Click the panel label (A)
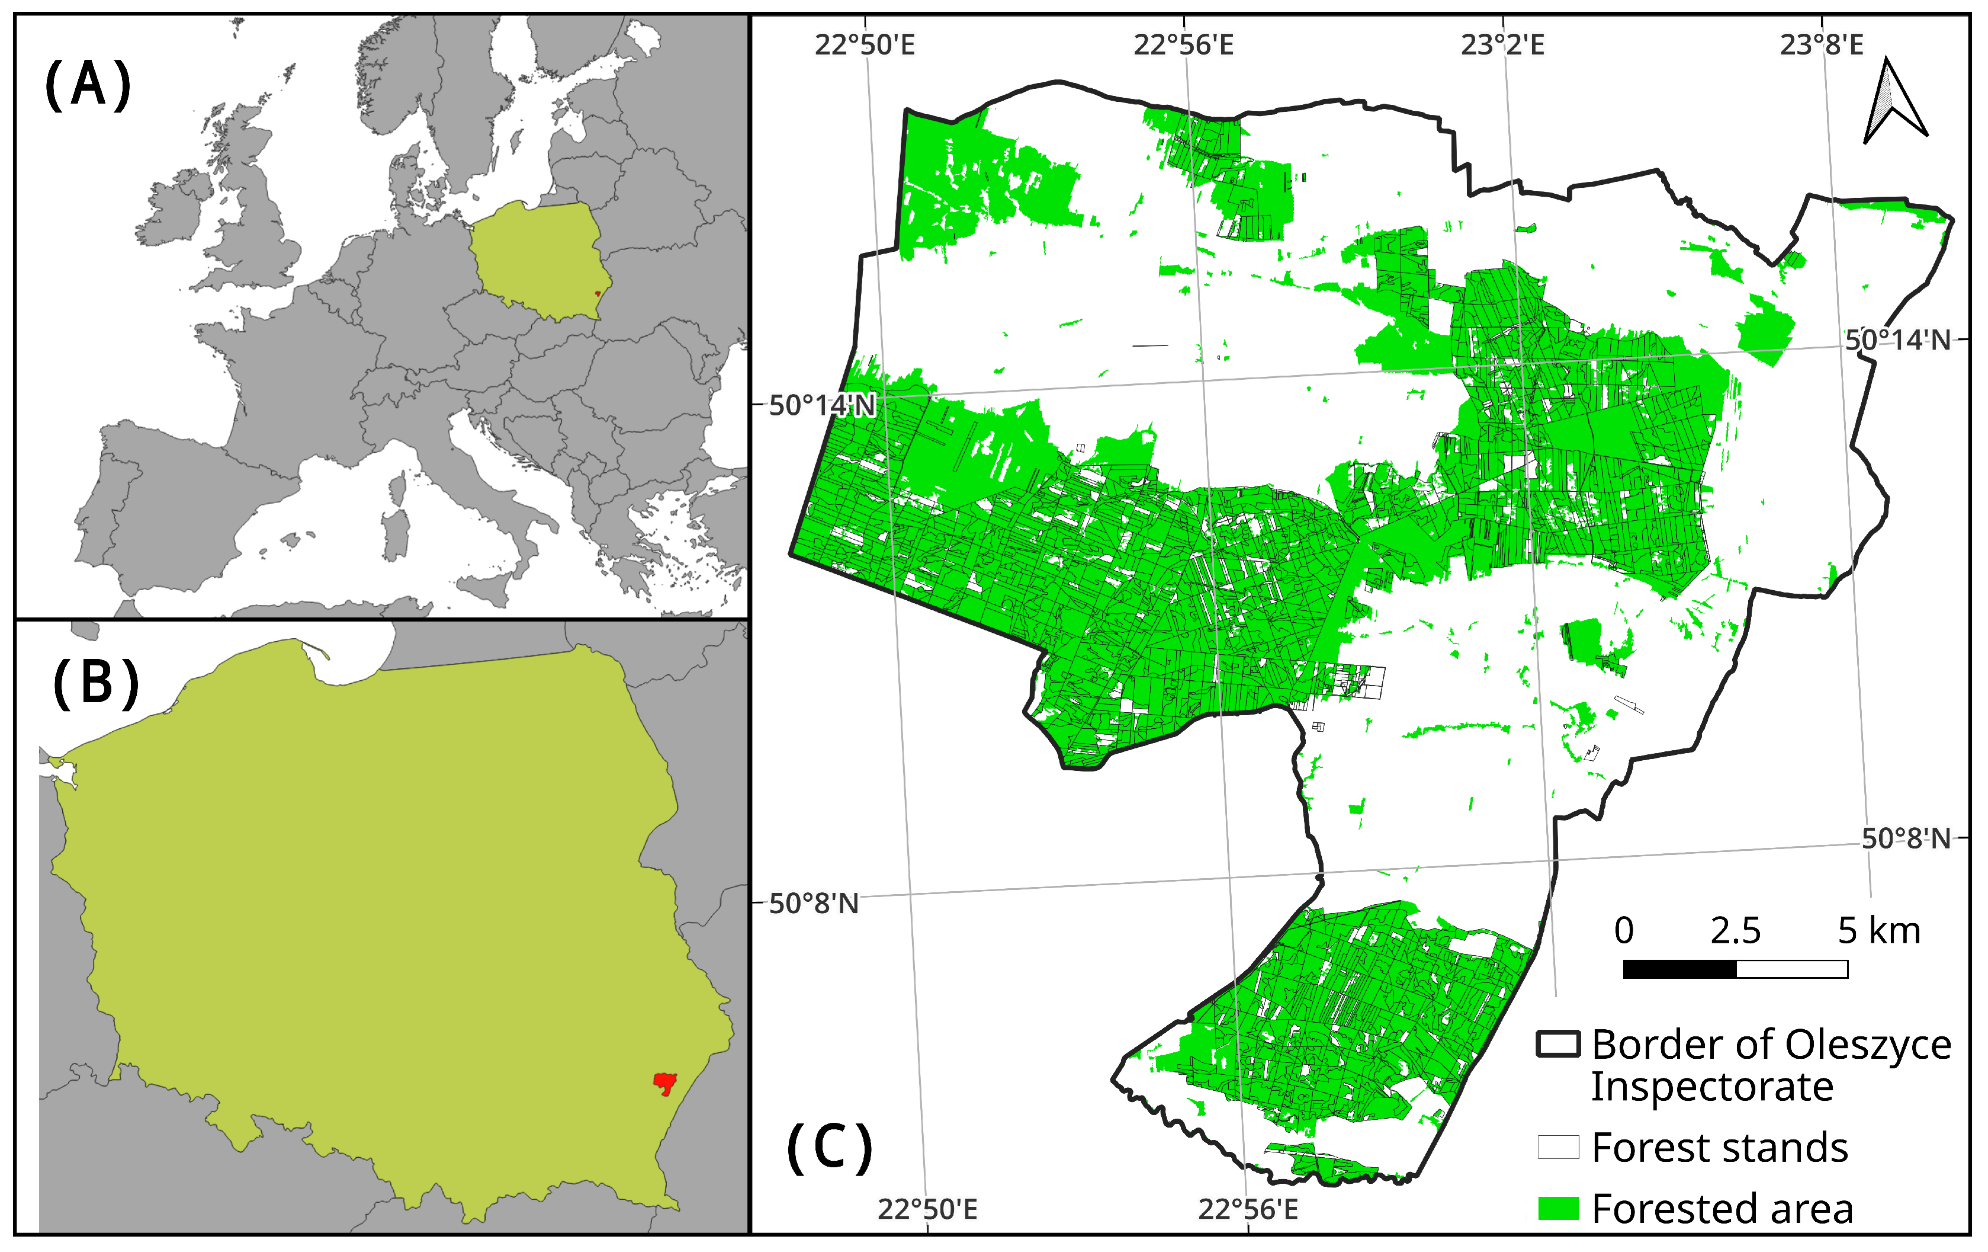(88, 85)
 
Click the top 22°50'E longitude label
(865, 44)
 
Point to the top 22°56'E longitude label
(1183, 44)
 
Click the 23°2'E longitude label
(1502, 44)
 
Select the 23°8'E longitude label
(1821, 44)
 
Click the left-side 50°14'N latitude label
(821, 405)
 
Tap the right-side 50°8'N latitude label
(1906, 839)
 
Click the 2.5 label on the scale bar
(1735, 931)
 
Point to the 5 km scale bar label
(1879, 931)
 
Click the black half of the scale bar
(1679, 969)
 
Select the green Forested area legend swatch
(1558, 1208)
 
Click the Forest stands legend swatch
(1558, 1147)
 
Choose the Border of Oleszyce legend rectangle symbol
(1558, 1045)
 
